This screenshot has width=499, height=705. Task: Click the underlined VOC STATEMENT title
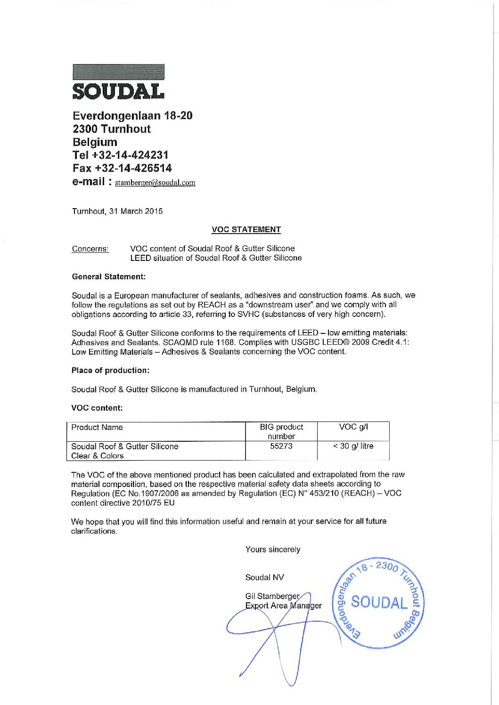[x=246, y=229]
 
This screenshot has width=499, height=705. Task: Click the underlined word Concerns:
[x=90, y=249]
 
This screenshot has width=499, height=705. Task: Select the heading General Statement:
[x=108, y=276]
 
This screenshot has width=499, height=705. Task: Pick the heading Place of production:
[x=110, y=370]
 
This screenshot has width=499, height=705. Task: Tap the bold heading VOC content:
[x=97, y=408]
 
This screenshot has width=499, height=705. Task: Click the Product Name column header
[x=97, y=427]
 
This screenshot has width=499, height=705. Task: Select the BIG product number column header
[x=281, y=431]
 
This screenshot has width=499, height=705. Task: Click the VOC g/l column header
[x=353, y=427]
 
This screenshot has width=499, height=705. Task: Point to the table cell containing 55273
[x=281, y=446]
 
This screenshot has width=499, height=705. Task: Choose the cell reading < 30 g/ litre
[x=353, y=446]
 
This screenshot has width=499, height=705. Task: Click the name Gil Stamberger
[x=272, y=596]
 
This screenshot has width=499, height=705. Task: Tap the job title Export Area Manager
[x=283, y=606]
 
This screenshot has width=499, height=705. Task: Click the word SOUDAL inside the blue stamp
[x=379, y=602]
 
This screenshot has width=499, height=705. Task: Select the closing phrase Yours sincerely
[x=272, y=549]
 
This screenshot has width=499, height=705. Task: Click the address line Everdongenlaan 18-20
[x=132, y=115]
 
